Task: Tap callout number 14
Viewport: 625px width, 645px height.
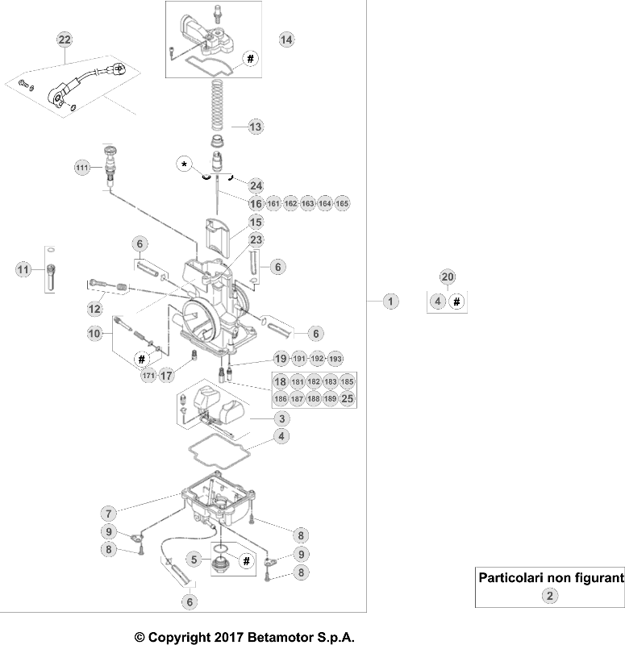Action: [x=286, y=39]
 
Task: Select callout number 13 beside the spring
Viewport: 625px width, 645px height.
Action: [x=255, y=127]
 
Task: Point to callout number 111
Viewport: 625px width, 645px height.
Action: [x=81, y=168]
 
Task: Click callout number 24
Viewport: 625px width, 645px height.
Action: [x=256, y=185]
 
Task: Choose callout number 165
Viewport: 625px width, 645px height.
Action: [x=343, y=204]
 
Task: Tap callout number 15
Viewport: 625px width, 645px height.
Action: [x=256, y=222]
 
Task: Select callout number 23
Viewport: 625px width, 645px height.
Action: [x=256, y=239]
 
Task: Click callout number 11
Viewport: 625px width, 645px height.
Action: [x=23, y=269]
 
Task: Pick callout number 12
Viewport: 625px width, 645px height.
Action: [x=96, y=308]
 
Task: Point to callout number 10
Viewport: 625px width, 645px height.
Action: [x=95, y=333]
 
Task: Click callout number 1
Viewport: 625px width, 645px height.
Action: [x=390, y=302]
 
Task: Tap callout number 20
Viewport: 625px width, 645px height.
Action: [x=448, y=277]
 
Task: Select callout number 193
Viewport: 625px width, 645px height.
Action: [x=336, y=359]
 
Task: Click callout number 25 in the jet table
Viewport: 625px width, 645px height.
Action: [x=348, y=398]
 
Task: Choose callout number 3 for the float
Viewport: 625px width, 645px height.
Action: [x=281, y=418]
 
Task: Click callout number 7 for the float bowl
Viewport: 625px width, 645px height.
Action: [x=110, y=513]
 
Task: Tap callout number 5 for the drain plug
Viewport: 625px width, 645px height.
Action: [x=194, y=558]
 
